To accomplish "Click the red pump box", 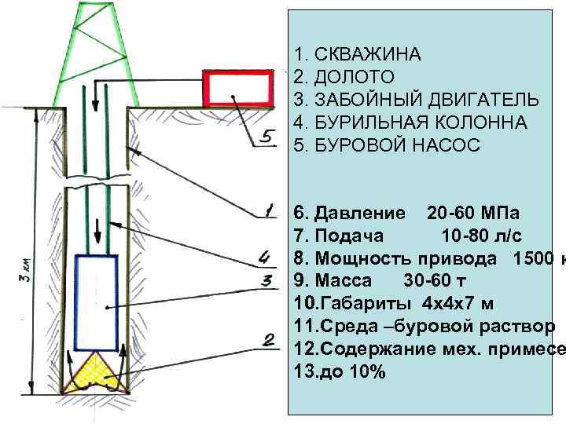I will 238,88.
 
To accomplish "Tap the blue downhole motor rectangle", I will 96,302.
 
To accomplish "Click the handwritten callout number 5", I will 267,138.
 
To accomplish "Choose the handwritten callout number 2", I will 267,340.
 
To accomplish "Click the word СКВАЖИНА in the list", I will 368,55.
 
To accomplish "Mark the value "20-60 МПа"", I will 472,214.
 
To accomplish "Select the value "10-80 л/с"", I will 481,236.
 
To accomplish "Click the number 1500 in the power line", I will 535,258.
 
